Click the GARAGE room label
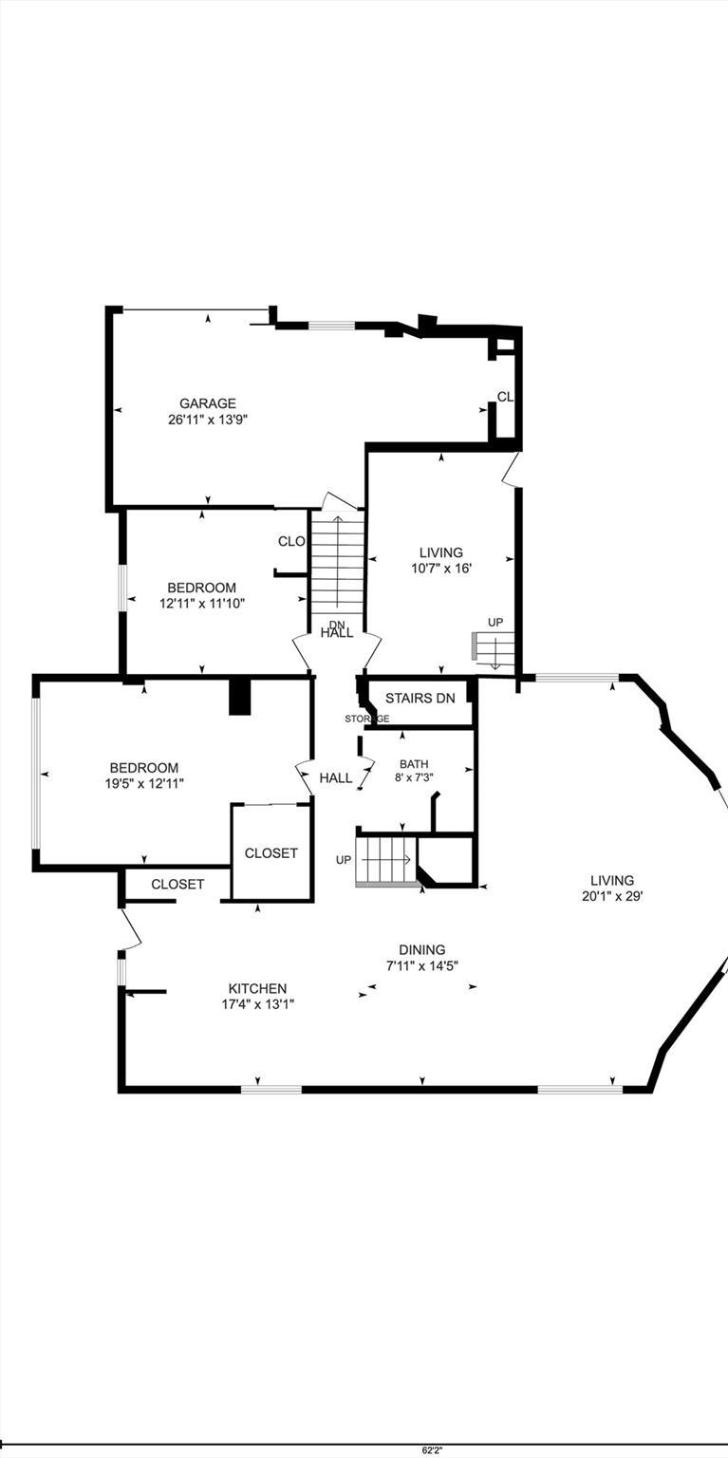208,403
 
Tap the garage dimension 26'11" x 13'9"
208,419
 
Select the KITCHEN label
256,988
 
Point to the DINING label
421,949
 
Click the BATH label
414,763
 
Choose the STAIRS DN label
420,698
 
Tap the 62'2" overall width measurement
432,1449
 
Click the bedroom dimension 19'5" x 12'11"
143,783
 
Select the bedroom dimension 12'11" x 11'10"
201,602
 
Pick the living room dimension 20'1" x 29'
612,895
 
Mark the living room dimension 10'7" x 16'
440,568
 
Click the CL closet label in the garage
505,397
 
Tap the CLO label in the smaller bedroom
291,541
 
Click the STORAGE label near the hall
367,719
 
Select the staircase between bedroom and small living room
337,565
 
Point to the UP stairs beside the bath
385,860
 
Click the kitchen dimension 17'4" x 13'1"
256,1003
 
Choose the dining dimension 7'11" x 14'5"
421,964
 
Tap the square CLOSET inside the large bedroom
271,853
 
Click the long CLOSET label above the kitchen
177,884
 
